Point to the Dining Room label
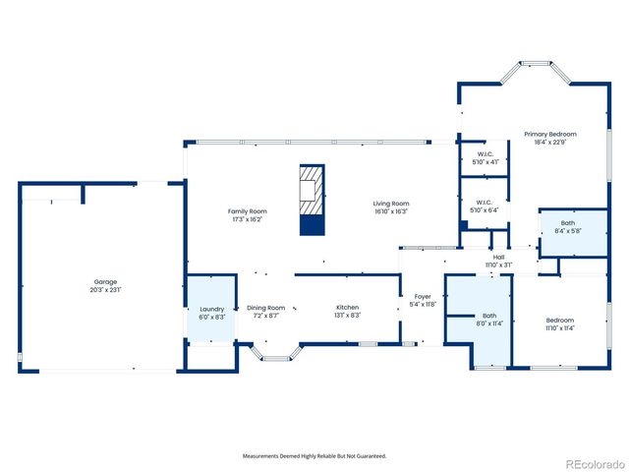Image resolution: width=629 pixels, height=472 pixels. tap(265, 307)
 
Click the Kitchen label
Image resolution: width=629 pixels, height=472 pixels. tap(348, 307)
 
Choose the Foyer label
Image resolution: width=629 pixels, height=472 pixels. tap(423, 296)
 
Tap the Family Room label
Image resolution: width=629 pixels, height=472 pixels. tap(247, 210)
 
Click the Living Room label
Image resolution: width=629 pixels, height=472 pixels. tap(391, 204)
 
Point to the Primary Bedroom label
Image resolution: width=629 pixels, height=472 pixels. tap(549, 134)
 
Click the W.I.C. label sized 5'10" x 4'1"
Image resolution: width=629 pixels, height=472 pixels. tap(486, 153)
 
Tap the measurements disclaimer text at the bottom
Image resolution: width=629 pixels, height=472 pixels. tap(314, 456)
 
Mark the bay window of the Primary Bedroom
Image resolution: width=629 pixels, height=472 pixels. tap(536, 69)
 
